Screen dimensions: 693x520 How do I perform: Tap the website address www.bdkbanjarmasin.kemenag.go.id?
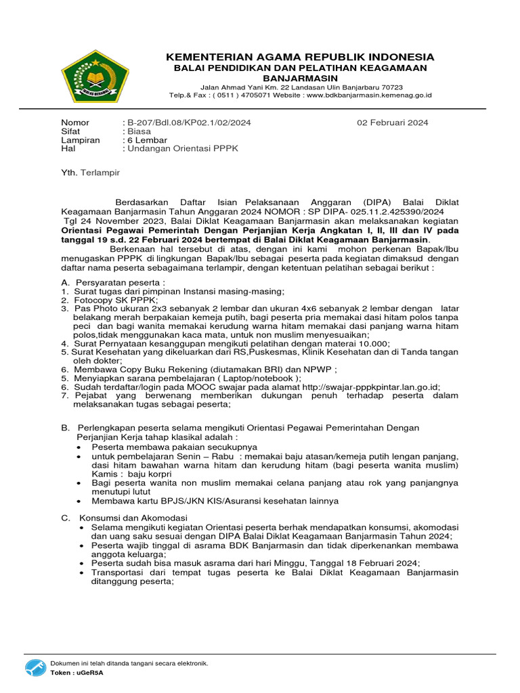point(369,95)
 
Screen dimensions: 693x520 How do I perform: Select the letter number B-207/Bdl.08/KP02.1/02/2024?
point(189,122)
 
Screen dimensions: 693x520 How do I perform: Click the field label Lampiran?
point(81,140)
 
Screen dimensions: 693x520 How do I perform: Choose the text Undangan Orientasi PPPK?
point(183,148)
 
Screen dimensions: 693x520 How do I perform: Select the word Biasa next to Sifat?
point(139,131)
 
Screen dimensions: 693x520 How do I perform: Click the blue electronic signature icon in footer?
point(36,669)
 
